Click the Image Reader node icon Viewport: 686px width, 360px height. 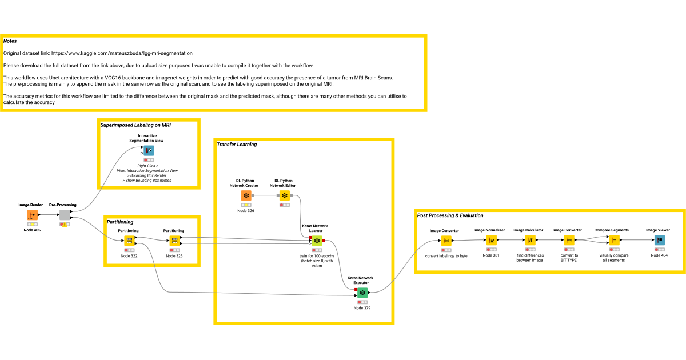tap(32, 215)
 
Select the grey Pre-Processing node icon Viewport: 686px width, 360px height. tap(65, 215)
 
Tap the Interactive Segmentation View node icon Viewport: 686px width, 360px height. tap(148, 151)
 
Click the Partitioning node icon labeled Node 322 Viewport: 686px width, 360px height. tap(129, 241)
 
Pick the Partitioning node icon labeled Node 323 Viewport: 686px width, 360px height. tap(174, 241)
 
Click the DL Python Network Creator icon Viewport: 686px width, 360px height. tap(246, 196)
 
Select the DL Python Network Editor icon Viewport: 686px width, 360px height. tap(284, 196)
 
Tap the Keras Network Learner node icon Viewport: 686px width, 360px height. tap(317, 241)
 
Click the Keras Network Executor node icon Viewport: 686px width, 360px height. tap(362, 292)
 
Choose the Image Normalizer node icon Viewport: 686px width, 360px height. tap(491, 240)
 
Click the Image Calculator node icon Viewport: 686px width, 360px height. tap(529, 240)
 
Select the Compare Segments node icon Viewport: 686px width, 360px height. tap(613, 240)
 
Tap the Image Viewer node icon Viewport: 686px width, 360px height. tap(657, 240)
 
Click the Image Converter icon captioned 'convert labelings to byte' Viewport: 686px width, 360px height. tap(446, 240)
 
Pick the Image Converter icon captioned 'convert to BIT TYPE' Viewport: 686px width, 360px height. tap(569, 240)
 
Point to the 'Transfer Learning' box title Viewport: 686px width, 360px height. tap(237, 145)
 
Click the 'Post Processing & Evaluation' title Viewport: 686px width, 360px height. tap(450, 215)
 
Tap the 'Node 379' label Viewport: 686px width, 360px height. tap(362, 308)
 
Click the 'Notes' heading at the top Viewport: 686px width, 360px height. tap(10, 41)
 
